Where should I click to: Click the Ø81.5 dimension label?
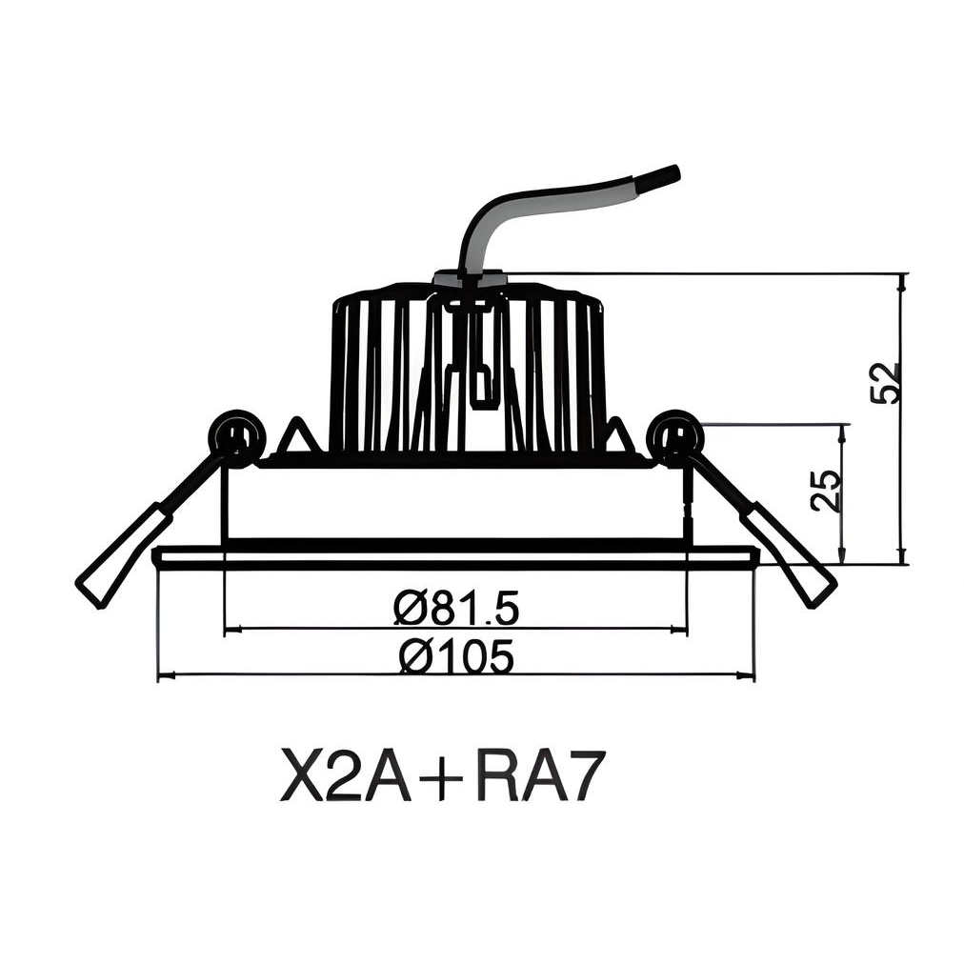(x=455, y=607)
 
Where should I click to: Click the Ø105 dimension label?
(x=456, y=656)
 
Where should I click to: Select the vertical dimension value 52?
(x=885, y=382)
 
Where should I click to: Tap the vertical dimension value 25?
(x=828, y=491)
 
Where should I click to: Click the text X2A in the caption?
(x=345, y=776)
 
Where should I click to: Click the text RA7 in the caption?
(x=540, y=776)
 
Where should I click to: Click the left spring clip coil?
(x=235, y=438)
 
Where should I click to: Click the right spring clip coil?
(x=675, y=438)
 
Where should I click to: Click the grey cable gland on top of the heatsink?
(x=469, y=279)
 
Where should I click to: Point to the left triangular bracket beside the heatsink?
(x=297, y=438)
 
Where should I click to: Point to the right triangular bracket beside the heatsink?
(x=617, y=438)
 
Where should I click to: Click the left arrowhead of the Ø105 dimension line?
(x=164, y=675)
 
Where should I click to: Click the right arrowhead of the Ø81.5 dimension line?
(x=679, y=629)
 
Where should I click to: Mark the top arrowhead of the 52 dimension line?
(x=902, y=280)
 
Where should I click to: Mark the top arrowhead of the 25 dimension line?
(x=842, y=432)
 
